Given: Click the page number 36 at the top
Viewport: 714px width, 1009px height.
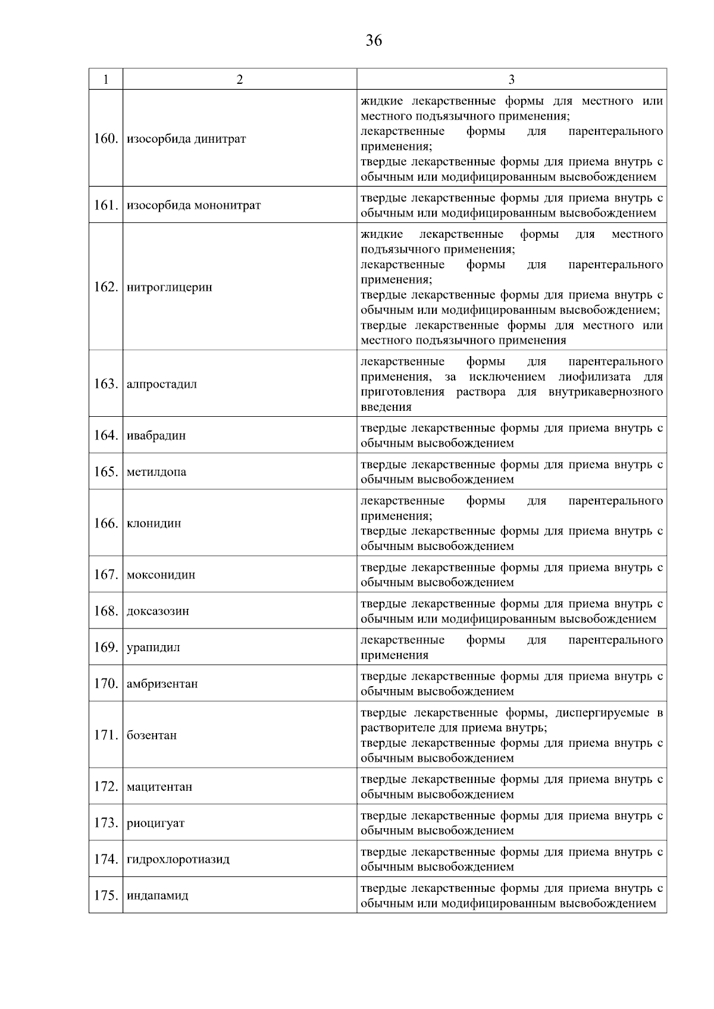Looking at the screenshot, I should pyautogui.click(x=374, y=41).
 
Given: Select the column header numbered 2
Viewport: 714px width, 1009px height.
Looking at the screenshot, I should pyautogui.click(x=239, y=80).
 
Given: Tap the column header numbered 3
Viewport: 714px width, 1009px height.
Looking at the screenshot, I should pyautogui.click(x=511, y=80).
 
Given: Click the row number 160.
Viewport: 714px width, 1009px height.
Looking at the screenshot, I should pyautogui.click(x=106, y=139).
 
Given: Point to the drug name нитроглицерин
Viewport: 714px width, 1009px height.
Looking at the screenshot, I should pyautogui.click(x=169, y=287).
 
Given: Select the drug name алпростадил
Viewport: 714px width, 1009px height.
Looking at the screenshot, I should pyautogui.click(x=161, y=384).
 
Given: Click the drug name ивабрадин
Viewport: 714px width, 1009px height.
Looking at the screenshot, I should pyautogui.click(x=156, y=436).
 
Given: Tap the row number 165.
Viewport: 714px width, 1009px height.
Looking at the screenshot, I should pyautogui.click(x=106, y=472).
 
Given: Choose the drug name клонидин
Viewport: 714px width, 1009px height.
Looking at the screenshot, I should pyautogui.click(x=154, y=523).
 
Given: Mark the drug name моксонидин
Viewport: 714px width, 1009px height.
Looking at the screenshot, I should pyautogui.click(x=161, y=575).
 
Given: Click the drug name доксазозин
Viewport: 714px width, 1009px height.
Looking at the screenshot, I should pyautogui.click(x=158, y=611).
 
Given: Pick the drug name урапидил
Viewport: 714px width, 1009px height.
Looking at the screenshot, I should pyautogui.click(x=153, y=647).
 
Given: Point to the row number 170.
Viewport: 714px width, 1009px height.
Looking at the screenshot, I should pyautogui.click(x=106, y=684).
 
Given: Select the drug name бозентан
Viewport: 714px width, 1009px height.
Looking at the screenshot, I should pyautogui.click(x=151, y=735).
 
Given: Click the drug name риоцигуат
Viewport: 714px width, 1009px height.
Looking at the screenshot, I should pyautogui.click(x=155, y=823).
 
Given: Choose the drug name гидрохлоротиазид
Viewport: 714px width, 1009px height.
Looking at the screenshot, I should pyautogui.click(x=178, y=860).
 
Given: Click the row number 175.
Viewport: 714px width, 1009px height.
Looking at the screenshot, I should pyautogui.click(x=106, y=895).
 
